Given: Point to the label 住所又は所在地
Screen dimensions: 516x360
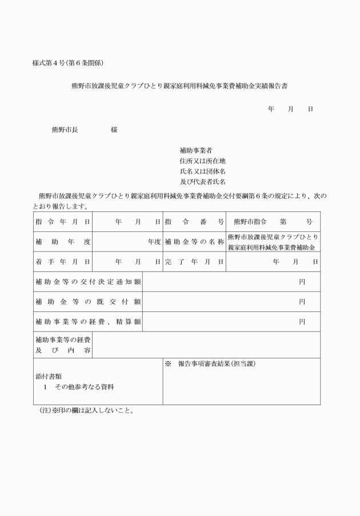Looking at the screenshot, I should click(202, 161).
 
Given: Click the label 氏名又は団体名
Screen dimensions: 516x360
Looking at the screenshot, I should click(202, 171).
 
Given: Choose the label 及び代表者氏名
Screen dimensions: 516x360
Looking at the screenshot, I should click(202, 182).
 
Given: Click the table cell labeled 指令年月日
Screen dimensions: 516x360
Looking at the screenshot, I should click(63, 221).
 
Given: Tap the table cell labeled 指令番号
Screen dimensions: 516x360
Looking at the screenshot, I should click(194, 221).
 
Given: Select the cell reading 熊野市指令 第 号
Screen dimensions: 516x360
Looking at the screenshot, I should click(273, 221).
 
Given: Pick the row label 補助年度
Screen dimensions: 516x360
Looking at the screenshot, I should click(63, 242).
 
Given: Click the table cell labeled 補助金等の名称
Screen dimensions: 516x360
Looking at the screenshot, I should click(194, 242).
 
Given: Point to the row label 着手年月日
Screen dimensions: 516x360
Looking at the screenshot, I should click(63, 262).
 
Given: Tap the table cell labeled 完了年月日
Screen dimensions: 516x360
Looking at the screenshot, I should click(194, 262).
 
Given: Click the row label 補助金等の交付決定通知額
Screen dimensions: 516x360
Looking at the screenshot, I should click(88, 282).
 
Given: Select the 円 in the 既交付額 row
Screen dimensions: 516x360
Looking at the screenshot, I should click(302, 302).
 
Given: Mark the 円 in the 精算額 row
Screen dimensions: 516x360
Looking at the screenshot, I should click(302, 322).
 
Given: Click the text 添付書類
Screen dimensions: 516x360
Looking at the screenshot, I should click(49, 377).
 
